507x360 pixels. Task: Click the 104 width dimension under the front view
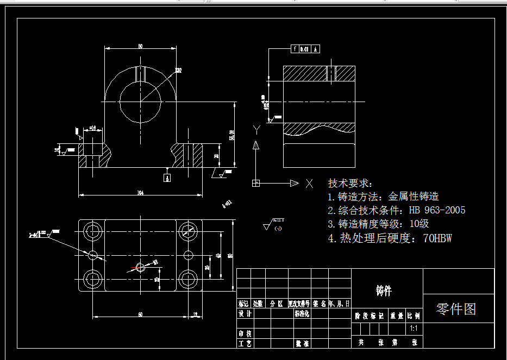coord(140,192)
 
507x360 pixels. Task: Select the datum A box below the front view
coord(167,177)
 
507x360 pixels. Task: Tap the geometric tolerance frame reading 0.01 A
coord(306,49)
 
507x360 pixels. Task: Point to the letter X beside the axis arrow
coord(309,183)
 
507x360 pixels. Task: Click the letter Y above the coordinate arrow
coord(256,129)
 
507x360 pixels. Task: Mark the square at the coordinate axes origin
coord(256,183)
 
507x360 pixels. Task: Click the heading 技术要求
coord(350,184)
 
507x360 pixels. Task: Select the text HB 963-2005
coord(437,210)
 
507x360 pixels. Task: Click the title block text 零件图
coord(456,309)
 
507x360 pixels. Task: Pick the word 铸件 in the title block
coord(384,291)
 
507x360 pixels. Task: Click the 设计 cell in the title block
coord(245,314)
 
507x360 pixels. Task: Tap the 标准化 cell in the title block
coord(302,314)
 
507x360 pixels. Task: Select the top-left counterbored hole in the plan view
coord(93,231)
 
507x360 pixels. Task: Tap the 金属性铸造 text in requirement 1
coord(414,197)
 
